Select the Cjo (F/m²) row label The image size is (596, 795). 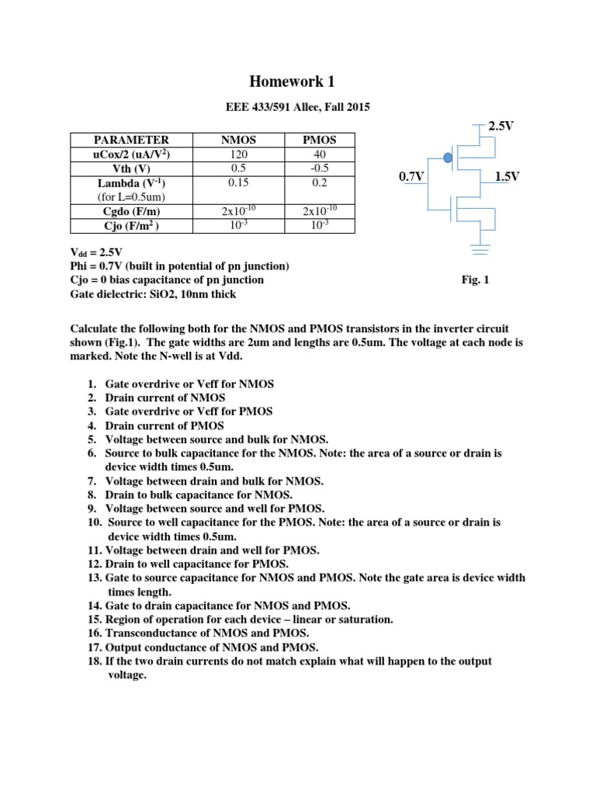[130, 225]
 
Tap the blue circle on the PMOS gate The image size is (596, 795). [447, 158]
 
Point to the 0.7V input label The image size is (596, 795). [411, 177]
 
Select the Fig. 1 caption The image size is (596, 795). [475, 280]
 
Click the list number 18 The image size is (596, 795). [94, 661]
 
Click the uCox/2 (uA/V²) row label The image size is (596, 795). [130, 154]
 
